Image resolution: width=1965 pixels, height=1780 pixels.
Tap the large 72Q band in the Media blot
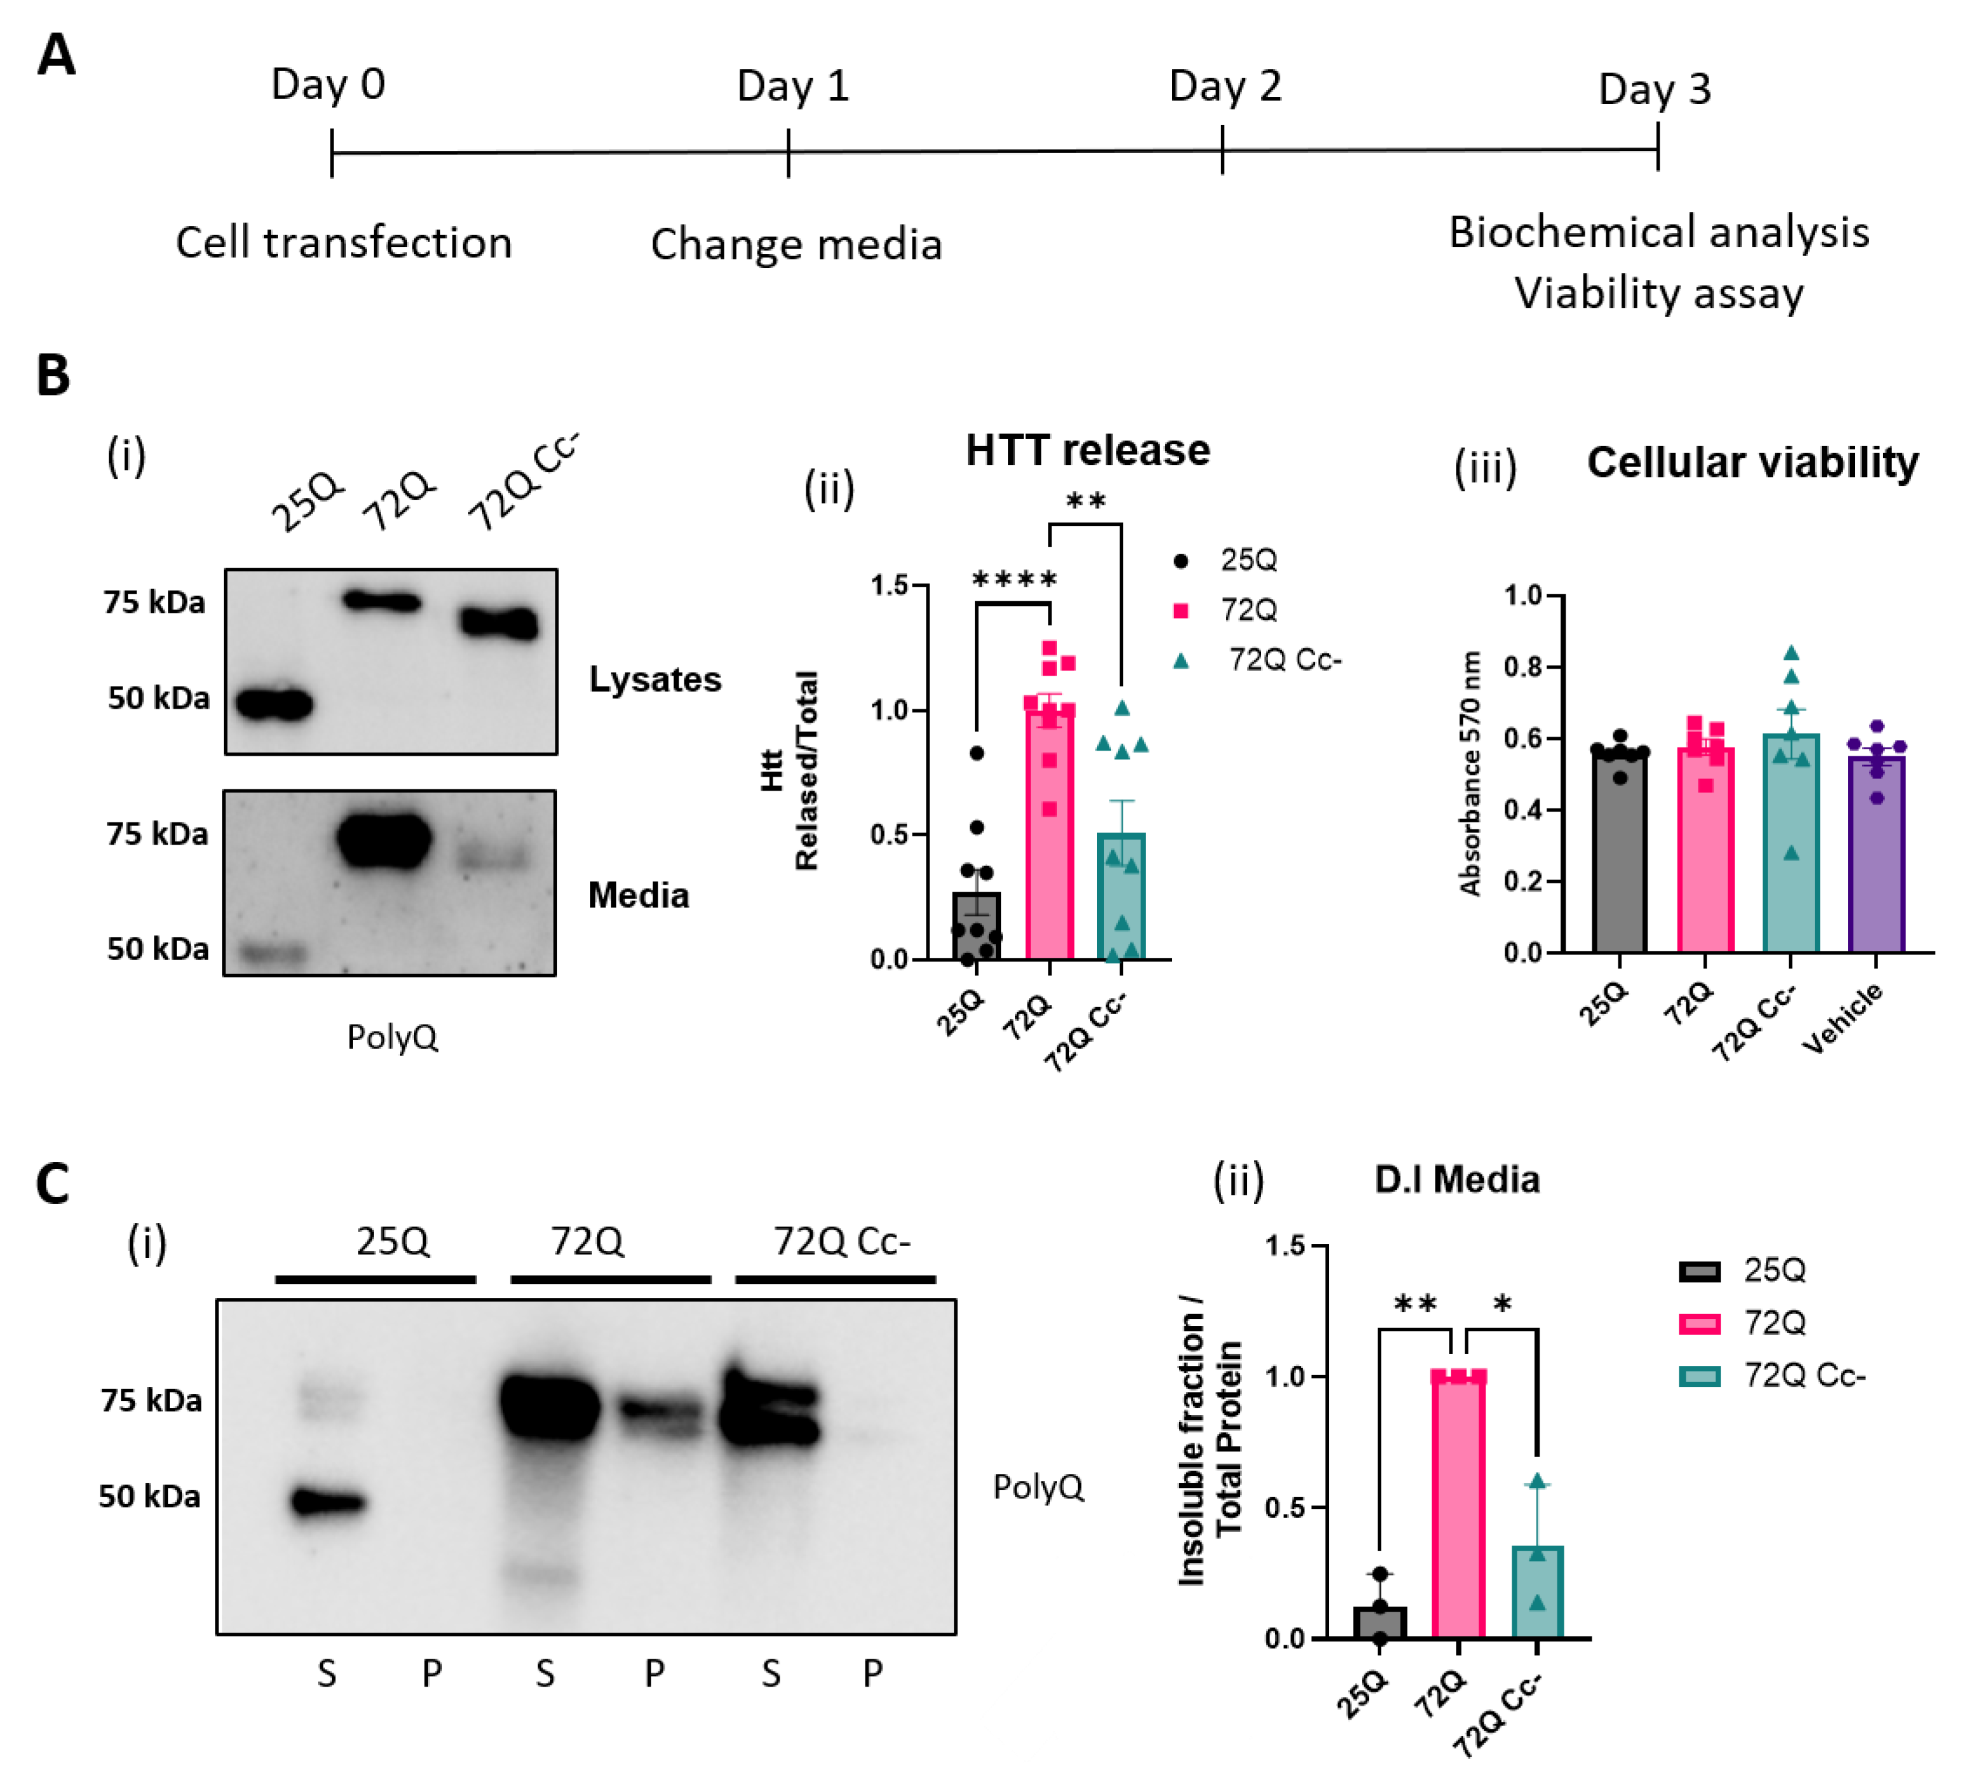coord(384,840)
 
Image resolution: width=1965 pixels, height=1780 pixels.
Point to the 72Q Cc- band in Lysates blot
coord(499,623)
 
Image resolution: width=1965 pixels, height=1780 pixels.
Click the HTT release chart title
coord(1088,450)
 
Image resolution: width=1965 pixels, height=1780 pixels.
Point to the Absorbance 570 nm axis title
coord(1470,773)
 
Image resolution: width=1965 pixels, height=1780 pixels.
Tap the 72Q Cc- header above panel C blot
coord(842,1241)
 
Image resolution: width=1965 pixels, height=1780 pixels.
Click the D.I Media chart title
coord(1456,1179)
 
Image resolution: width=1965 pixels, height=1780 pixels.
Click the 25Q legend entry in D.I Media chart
coord(1774,1270)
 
